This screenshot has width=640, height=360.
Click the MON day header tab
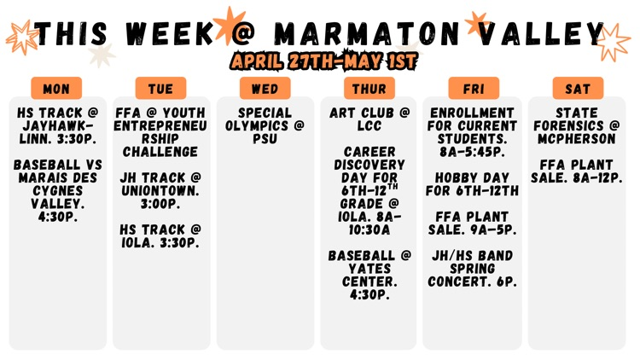coord(56,89)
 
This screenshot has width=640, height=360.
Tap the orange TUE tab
coord(160,89)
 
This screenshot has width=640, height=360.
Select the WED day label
coord(265,89)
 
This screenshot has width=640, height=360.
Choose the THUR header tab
coord(369,89)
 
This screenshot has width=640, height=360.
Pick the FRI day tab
coord(473,89)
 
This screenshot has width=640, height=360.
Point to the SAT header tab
coord(577,89)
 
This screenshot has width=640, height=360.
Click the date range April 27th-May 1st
coord(323,61)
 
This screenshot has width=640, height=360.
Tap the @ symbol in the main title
coord(245,35)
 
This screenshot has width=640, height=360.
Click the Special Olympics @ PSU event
coord(265,125)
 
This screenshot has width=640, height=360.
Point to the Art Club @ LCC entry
coord(369,119)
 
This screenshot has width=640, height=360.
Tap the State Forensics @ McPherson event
coord(577,125)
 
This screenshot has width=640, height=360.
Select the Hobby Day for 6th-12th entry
coord(473,184)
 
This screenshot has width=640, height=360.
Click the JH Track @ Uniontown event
coord(160,184)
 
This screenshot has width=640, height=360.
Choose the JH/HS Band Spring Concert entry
coord(473,268)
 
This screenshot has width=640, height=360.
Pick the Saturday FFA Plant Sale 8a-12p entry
coord(577,171)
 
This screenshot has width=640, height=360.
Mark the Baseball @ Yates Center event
coord(369,275)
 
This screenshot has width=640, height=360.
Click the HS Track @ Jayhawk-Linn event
coord(56,125)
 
